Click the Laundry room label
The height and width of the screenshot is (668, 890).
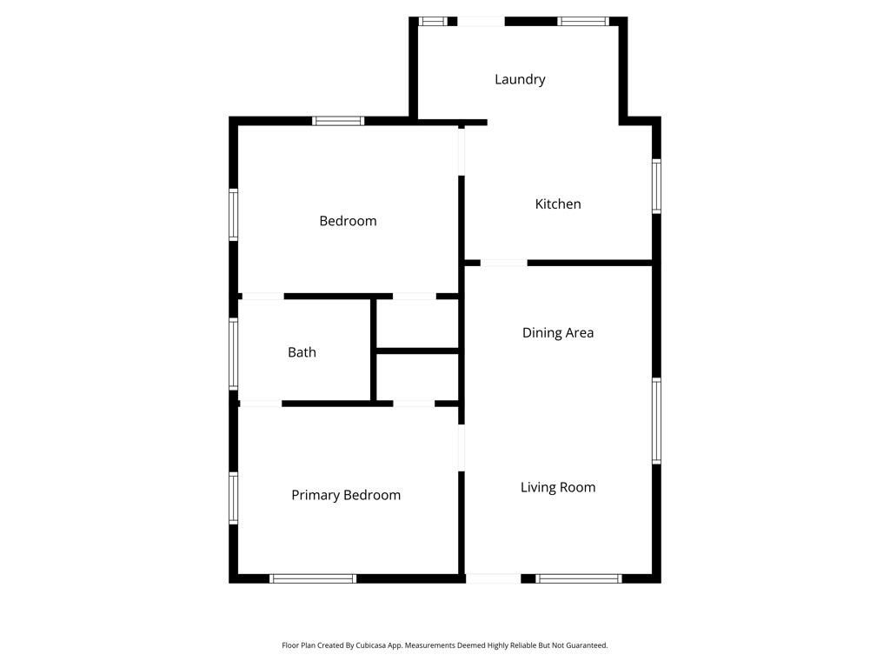point(520,79)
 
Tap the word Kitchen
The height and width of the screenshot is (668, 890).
point(557,204)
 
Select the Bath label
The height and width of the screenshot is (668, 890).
point(302,352)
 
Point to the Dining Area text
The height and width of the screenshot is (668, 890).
point(557,332)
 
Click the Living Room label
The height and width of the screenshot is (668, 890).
point(557,487)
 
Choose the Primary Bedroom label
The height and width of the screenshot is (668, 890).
point(346,495)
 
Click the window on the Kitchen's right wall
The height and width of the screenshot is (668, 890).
point(657,186)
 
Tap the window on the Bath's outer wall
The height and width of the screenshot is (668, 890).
point(233,353)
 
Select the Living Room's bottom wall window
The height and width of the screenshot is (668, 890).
point(579,578)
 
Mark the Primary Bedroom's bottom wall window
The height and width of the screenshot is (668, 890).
point(313,578)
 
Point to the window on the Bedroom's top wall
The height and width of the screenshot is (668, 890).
point(338,121)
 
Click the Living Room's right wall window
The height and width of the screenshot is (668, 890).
point(657,421)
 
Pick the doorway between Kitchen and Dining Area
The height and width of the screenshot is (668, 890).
point(503,263)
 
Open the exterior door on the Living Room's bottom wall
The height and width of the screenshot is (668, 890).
point(493,578)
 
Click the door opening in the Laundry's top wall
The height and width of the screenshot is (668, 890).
point(481,21)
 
